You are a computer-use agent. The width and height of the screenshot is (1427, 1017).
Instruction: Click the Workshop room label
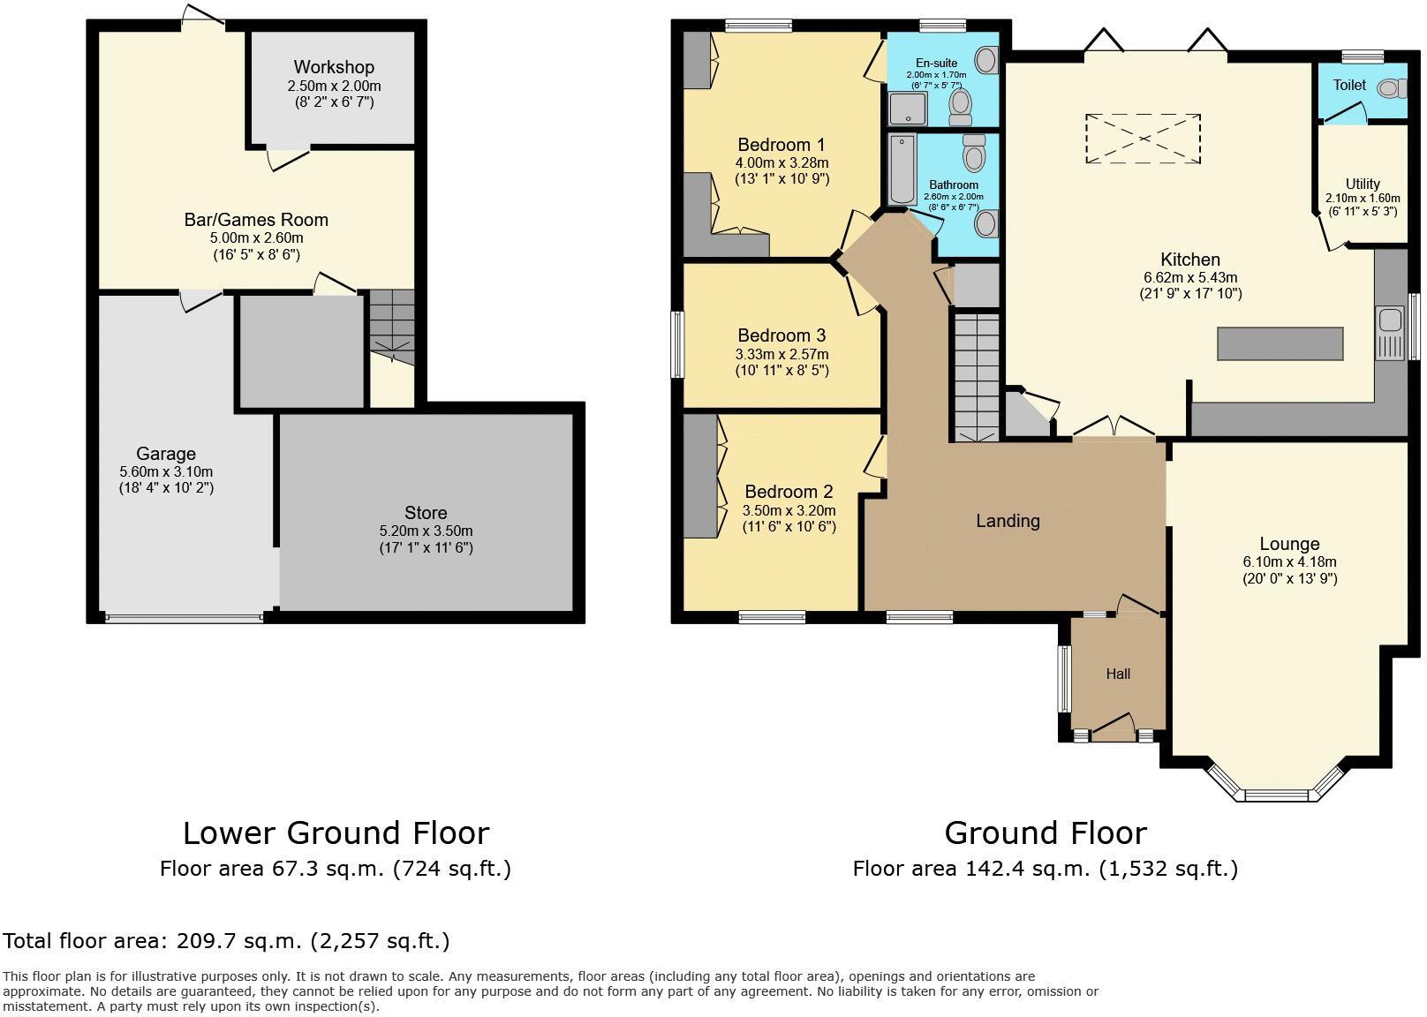click(334, 67)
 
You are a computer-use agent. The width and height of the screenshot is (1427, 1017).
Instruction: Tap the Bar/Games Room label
click(256, 220)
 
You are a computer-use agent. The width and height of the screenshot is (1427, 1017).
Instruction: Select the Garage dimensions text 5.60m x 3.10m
click(166, 471)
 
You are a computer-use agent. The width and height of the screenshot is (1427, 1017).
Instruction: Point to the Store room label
click(426, 513)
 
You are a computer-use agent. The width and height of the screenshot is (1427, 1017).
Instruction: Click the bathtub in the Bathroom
click(902, 169)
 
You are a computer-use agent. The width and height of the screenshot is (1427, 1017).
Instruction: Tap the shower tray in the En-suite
click(908, 109)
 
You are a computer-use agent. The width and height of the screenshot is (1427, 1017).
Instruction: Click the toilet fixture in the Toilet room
click(1391, 87)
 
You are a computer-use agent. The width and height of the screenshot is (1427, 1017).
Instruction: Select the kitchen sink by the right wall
click(1389, 332)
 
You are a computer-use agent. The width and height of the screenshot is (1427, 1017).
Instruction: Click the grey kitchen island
click(1280, 343)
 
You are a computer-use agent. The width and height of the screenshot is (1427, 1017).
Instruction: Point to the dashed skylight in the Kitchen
click(1143, 139)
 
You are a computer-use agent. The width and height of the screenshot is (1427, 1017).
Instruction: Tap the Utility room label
click(1363, 185)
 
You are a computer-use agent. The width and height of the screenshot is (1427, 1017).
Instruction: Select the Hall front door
click(1113, 728)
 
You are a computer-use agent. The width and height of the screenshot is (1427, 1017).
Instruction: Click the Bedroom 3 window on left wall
click(677, 343)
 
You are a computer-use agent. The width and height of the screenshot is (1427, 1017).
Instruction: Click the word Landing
click(1008, 521)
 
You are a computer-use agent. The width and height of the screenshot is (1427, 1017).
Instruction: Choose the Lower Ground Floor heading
click(336, 832)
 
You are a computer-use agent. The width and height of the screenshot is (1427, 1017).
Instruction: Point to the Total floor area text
click(226, 941)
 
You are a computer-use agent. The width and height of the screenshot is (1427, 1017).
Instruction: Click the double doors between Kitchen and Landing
click(1114, 430)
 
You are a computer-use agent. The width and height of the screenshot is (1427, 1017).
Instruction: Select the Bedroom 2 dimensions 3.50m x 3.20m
click(789, 510)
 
